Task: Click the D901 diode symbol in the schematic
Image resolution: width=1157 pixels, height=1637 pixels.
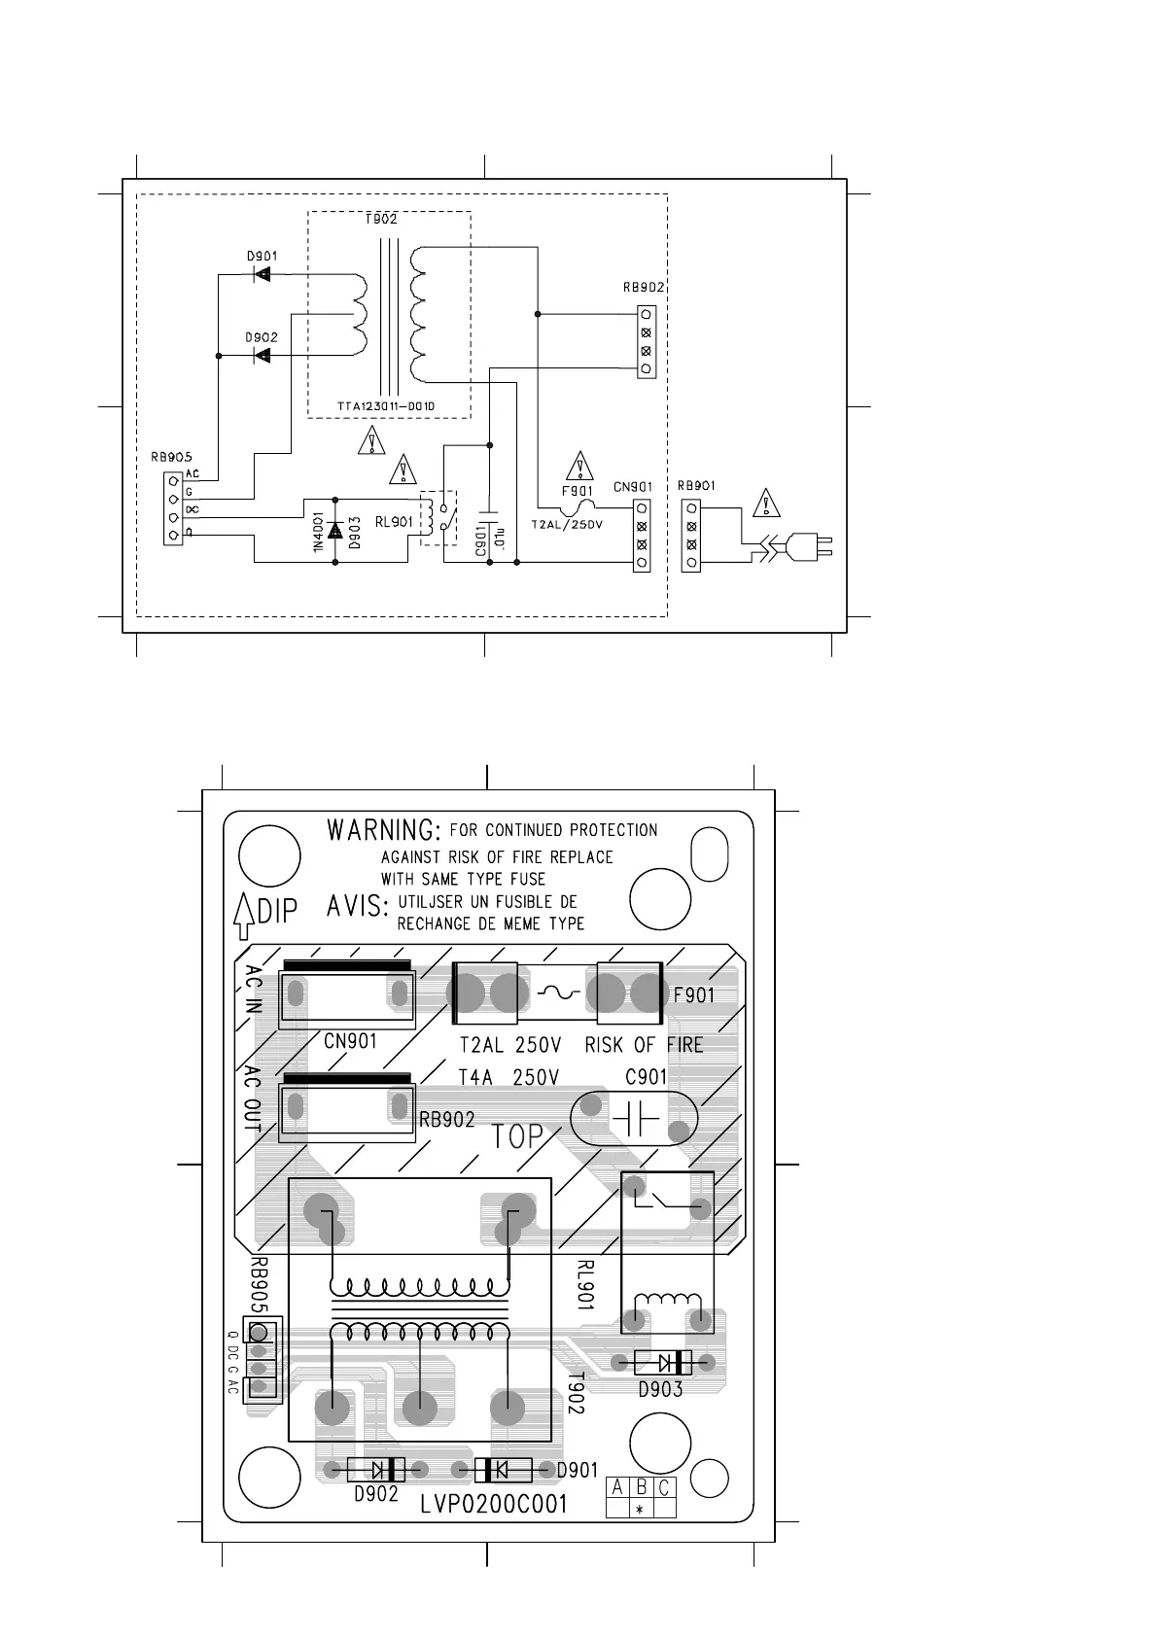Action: coord(261,274)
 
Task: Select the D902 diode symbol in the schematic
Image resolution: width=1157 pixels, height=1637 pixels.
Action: coord(261,356)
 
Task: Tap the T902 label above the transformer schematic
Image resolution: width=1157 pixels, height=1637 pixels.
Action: coord(381,220)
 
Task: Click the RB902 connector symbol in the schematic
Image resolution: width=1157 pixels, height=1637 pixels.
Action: coord(647,341)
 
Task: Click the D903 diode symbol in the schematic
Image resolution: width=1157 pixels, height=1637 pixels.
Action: coord(335,531)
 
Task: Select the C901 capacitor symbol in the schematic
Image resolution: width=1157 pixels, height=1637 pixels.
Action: coord(489,510)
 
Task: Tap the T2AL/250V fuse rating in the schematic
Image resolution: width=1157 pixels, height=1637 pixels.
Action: coord(567,524)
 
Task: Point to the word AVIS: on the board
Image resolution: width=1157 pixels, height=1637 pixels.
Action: coord(357,906)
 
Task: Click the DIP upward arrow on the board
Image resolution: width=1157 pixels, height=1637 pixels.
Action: coord(244,916)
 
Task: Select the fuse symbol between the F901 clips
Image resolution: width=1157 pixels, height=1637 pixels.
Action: coord(557,993)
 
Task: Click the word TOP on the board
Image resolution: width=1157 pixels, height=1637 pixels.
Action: coord(517,1136)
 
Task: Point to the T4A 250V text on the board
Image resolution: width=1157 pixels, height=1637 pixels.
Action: coord(508,1077)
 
